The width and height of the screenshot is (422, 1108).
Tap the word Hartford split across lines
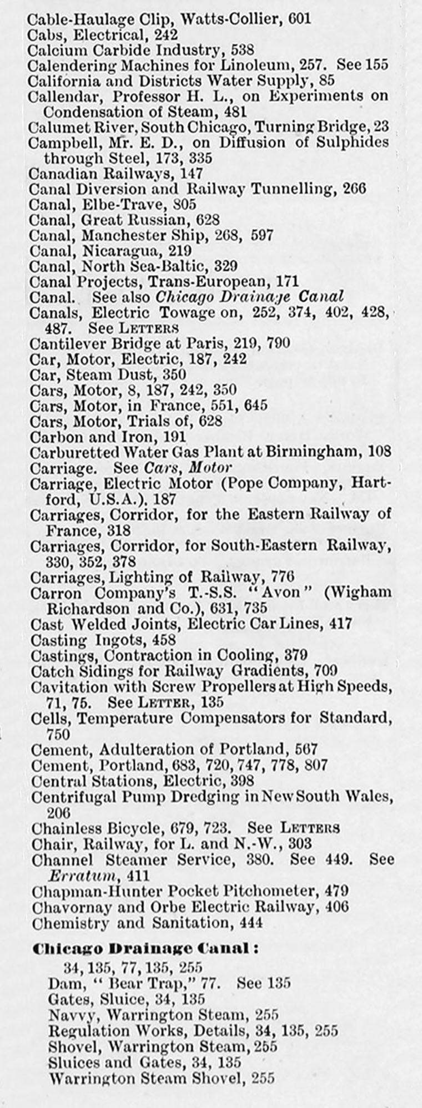coord(373,484)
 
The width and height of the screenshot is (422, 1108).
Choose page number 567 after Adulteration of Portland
coord(306,750)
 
